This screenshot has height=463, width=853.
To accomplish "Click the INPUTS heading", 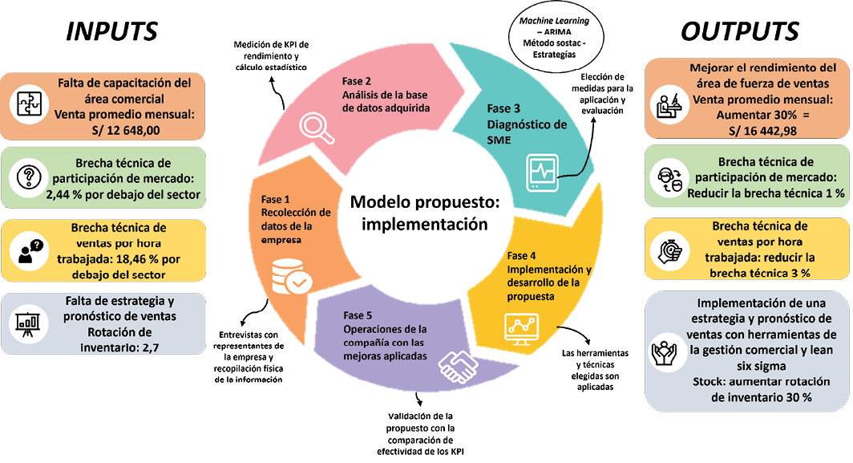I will (x=111, y=31).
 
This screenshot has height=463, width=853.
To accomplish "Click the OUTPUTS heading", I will (x=739, y=31).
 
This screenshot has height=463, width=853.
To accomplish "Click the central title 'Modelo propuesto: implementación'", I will (x=424, y=213).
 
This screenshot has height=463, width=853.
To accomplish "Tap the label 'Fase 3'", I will (x=504, y=108).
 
